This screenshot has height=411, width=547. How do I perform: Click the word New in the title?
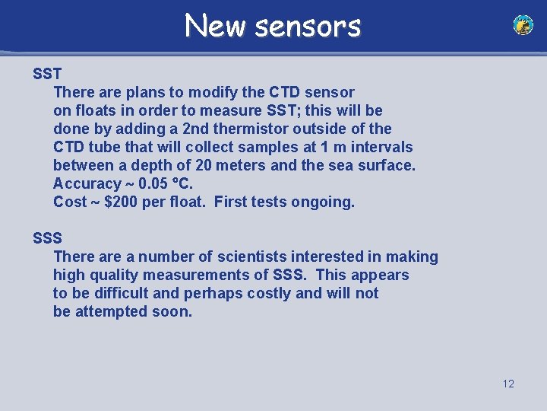coord(216,26)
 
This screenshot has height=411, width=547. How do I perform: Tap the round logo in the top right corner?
coord(523,25)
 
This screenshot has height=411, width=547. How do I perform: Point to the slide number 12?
coord(508,384)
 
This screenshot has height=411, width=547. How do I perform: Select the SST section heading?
coord(47,74)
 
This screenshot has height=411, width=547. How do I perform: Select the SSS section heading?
coord(47,238)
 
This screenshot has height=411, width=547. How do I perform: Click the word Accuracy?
coord(87,183)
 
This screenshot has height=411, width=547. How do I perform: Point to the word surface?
coord(384,165)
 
